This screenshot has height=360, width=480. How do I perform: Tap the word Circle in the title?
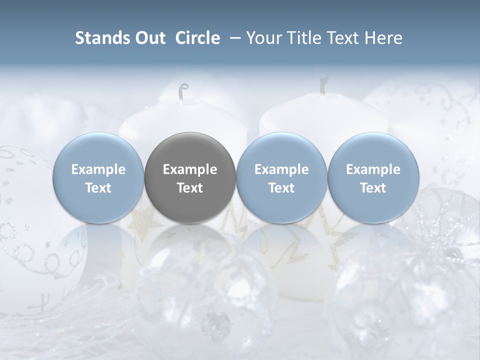197,38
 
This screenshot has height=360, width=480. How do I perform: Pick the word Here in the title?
384,38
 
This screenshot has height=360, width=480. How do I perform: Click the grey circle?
190,178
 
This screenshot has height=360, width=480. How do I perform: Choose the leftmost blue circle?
98,178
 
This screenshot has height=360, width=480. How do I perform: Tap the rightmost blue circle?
373,178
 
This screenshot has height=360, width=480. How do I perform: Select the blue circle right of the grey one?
281,178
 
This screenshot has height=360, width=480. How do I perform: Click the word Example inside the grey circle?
190,169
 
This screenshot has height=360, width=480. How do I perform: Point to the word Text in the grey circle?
190,188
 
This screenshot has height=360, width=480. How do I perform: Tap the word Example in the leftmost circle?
98,169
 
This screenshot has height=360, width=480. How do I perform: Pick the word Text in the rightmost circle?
373,188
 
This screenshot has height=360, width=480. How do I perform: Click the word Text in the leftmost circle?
98,188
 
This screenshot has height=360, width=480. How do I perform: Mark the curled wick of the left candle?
183,91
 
